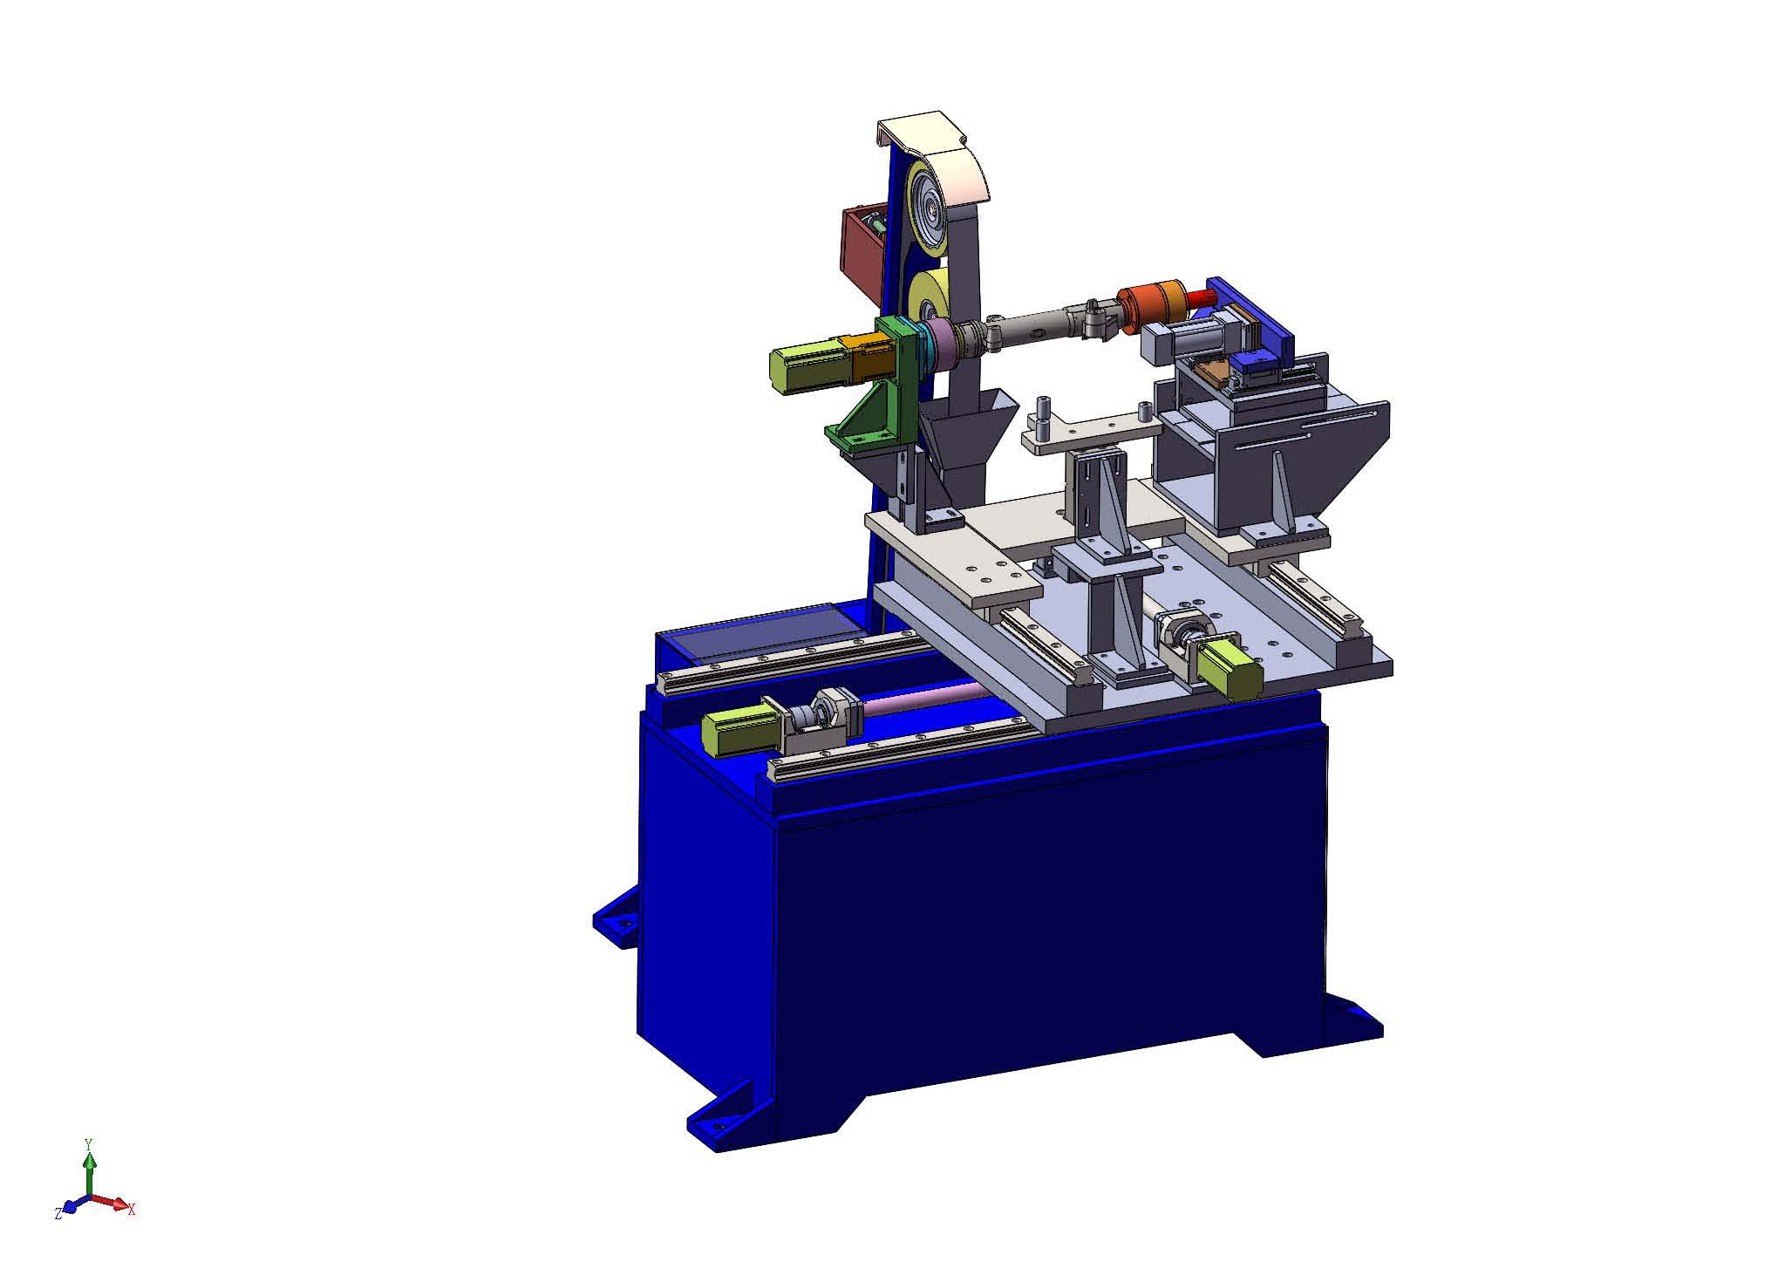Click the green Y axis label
(x=87, y=1142)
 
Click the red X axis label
(x=131, y=1210)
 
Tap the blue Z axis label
(x=58, y=1213)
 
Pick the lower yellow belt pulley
(x=928, y=302)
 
